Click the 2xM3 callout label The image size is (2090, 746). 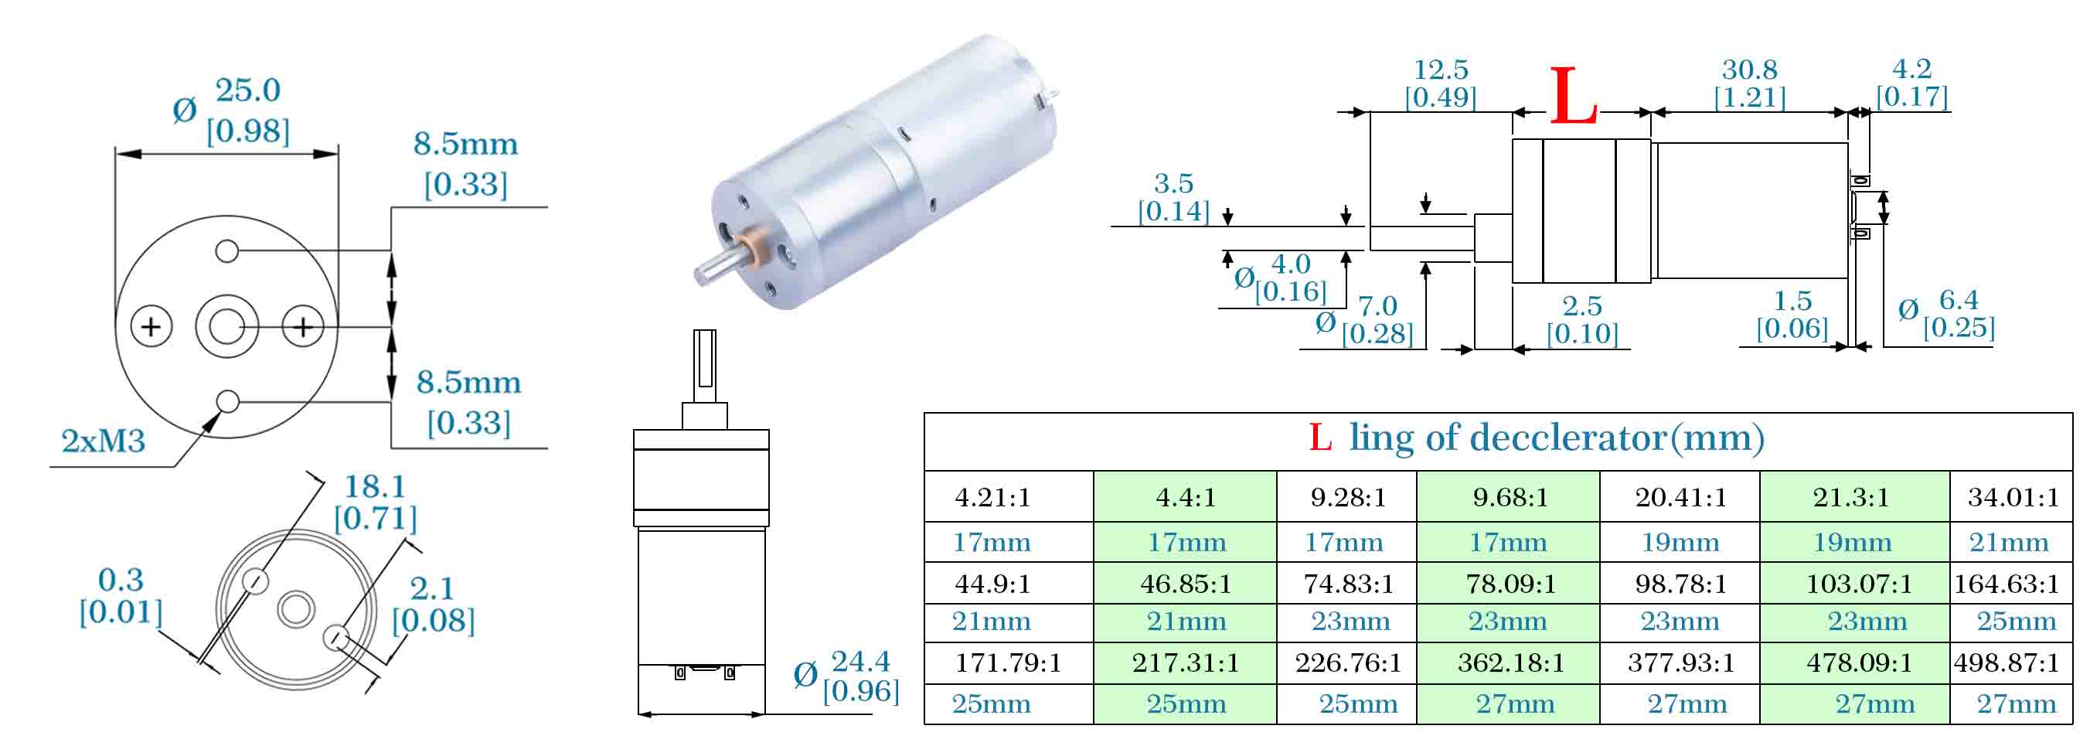103,441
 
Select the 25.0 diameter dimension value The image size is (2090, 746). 247,90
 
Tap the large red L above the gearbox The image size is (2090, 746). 1573,96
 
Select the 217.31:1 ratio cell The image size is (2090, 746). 1186,663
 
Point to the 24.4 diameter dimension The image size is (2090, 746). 860,662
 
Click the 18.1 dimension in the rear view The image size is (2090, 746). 375,486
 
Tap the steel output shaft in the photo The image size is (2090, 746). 716,264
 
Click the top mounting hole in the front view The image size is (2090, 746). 227,250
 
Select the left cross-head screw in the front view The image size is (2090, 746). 151,327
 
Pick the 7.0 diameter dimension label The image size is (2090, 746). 1377,306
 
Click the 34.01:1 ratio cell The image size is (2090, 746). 2011,497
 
